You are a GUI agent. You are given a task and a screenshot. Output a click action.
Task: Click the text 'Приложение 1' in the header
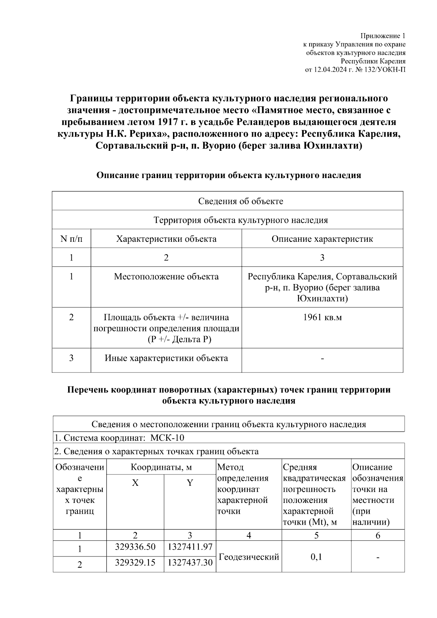point(382,36)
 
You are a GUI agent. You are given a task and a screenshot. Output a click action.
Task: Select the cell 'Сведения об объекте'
point(240,201)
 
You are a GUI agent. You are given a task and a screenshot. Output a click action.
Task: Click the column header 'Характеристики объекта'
point(166,239)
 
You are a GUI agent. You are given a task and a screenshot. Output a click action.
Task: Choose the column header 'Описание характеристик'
point(322,239)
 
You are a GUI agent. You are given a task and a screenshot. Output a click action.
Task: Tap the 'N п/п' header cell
point(71,239)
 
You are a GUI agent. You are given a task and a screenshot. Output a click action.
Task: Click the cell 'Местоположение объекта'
point(166,276)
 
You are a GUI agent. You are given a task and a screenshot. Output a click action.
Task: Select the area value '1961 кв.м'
point(322,317)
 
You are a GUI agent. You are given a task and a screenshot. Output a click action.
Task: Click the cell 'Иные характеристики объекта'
point(166,358)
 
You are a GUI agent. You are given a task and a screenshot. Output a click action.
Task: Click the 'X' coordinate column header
point(135,483)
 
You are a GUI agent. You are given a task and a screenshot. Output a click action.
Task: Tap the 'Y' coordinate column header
point(190,483)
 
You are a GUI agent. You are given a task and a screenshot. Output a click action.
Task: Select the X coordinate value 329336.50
point(135,547)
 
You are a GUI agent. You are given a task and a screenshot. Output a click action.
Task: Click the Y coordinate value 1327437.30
point(190,563)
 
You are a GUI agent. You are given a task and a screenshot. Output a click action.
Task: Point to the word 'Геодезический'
point(249,557)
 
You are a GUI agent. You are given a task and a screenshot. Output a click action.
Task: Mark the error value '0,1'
point(316,557)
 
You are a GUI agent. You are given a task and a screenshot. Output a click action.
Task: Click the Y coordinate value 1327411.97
point(190,547)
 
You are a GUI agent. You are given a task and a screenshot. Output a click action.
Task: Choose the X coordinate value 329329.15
point(135,563)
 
